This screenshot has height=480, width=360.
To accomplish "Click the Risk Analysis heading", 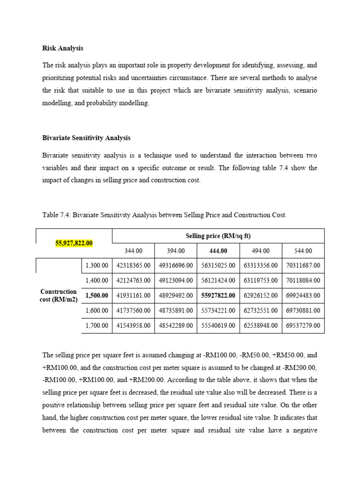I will tap(63, 48).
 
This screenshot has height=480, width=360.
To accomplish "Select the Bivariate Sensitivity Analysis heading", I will tap(86, 138).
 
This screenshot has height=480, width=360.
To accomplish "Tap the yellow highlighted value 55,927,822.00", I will tap(74, 243).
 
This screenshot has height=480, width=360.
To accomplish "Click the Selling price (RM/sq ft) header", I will tap(218, 236).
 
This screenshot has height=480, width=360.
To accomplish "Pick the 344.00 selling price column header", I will tap(133, 251).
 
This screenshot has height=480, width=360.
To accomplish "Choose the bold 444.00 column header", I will tap(218, 251).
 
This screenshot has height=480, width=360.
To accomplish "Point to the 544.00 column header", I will tap(303, 251).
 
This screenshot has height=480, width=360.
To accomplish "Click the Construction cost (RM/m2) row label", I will tap(58, 295).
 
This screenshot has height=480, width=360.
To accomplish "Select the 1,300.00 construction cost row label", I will tap(97, 265).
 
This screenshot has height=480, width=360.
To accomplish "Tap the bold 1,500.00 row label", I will tap(97, 295).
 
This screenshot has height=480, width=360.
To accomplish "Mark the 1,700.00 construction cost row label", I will tap(97, 325).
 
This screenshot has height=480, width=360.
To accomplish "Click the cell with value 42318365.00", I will tap(133, 265).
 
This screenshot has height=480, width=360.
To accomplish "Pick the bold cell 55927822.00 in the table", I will tap(218, 295).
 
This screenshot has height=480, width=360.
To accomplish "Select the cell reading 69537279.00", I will tap(303, 325).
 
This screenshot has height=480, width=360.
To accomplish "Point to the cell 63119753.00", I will tap(261, 280).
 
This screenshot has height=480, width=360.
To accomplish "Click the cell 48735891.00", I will tap(176, 310).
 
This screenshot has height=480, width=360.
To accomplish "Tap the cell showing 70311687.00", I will tap(303, 265).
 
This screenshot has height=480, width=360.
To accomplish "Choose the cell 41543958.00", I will tap(133, 325).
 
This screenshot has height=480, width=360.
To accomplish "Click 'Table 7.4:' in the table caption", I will tap(56, 215).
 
